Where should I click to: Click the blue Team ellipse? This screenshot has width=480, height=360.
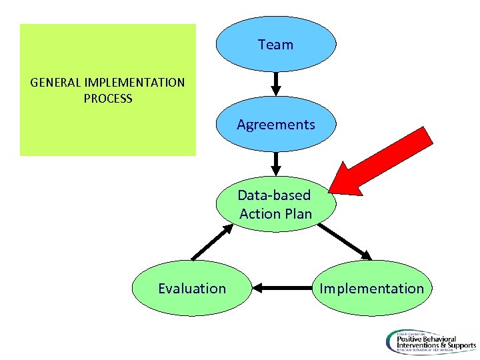(275, 44)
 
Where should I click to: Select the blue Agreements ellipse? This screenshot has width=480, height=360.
(275, 124)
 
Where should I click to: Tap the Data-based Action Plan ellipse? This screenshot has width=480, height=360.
(275, 204)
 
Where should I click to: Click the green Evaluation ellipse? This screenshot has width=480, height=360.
(192, 288)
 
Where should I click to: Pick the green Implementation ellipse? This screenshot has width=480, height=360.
(371, 288)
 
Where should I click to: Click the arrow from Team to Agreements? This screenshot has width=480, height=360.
(276, 84)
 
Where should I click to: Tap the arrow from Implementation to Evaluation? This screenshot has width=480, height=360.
(282, 289)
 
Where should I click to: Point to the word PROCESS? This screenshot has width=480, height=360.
(108, 99)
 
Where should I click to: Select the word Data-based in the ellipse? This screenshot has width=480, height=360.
(274, 195)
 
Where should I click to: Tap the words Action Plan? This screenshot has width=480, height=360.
(275, 214)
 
